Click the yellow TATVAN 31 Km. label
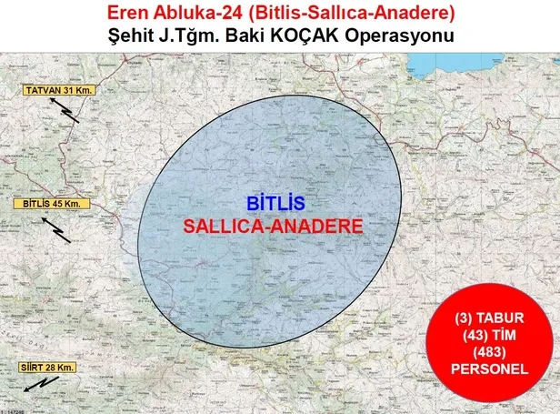coord(60,91)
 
